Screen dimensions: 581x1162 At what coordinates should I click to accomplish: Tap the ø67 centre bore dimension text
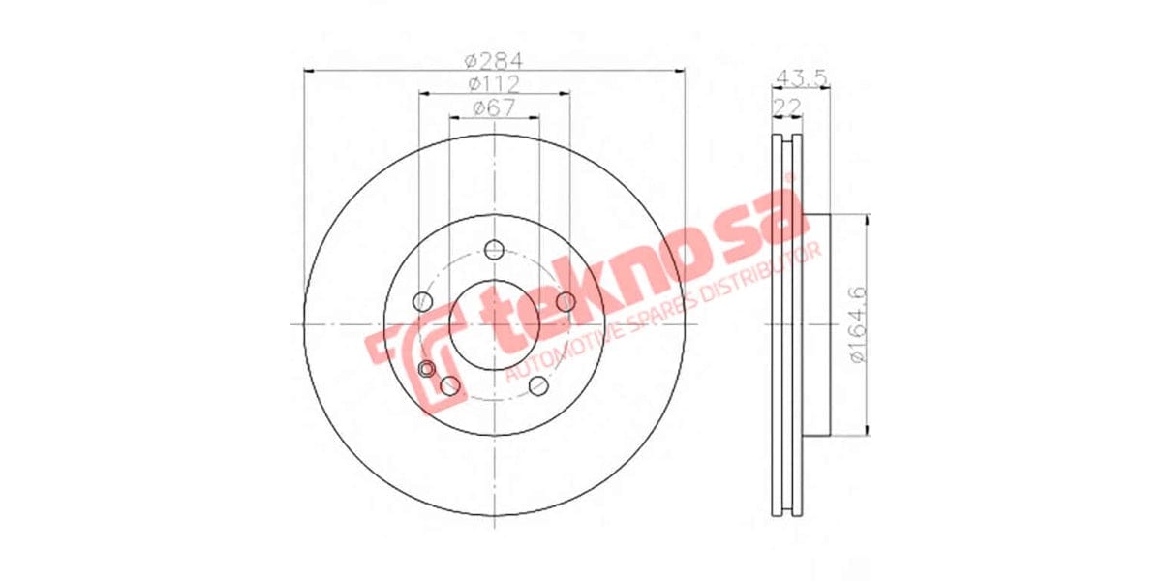[494, 108]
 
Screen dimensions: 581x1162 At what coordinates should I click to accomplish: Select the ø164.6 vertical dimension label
[856, 325]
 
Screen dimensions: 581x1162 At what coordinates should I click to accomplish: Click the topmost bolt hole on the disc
[494, 248]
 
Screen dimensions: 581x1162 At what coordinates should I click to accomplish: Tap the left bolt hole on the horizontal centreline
[421, 302]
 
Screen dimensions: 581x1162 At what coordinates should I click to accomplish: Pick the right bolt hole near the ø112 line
[566, 302]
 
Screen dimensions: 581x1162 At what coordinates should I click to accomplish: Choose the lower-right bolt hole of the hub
[538, 387]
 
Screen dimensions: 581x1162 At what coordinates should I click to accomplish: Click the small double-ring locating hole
[427, 369]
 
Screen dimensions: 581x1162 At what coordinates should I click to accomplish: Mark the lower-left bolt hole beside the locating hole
[449, 386]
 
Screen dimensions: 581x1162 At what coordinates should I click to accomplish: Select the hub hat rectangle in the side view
[816, 325]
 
